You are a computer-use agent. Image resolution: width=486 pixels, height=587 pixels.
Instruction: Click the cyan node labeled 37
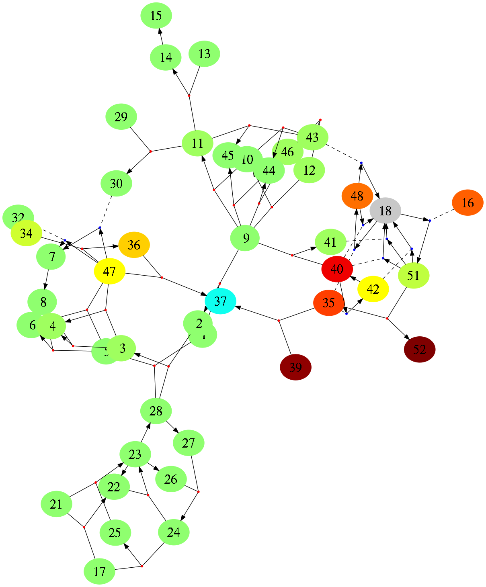[x=220, y=301]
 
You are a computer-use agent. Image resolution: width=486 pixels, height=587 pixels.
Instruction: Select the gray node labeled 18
[x=385, y=211]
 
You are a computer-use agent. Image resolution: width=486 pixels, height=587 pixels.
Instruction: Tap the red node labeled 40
[x=337, y=269]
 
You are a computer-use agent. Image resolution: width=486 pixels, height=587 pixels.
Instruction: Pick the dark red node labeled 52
[x=419, y=349]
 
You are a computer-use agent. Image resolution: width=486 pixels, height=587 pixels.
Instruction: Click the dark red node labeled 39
[x=295, y=367]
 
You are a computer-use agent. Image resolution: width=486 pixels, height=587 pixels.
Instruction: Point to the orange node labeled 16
[x=468, y=202]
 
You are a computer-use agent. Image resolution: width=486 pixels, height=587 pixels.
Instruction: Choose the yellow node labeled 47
[x=109, y=272]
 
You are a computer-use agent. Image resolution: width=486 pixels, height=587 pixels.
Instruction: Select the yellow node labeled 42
[x=373, y=289]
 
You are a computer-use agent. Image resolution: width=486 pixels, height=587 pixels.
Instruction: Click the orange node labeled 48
[x=357, y=196]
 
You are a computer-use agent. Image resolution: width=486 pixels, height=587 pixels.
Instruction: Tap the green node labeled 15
[x=156, y=16]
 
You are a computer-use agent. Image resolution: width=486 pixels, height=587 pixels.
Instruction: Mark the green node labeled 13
[x=204, y=53]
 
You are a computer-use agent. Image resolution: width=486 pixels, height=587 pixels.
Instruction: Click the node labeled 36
[x=134, y=245]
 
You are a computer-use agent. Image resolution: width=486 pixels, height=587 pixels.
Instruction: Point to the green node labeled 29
[x=121, y=117]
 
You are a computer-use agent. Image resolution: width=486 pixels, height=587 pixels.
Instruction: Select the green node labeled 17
[x=99, y=571]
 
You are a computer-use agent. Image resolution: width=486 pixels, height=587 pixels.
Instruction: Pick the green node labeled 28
[x=156, y=411]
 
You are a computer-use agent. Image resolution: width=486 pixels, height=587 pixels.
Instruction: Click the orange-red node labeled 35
[x=329, y=303]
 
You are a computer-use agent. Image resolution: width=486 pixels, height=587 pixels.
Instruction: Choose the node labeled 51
[x=413, y=276]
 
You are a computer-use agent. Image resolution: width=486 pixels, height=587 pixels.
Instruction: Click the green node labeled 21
[x=56, y=504]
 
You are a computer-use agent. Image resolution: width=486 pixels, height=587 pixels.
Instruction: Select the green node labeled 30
[x=116, y=184]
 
